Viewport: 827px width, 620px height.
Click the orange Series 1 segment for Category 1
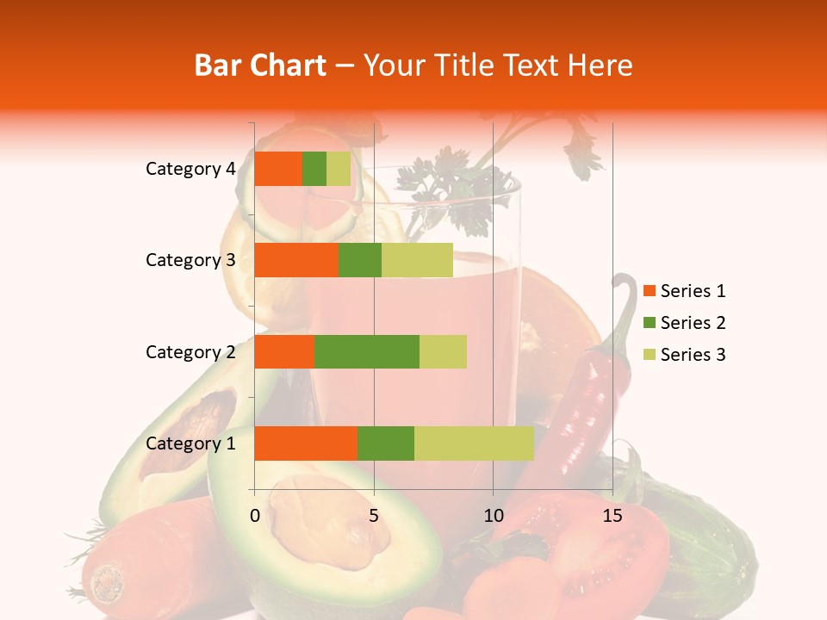(x=306, y=443)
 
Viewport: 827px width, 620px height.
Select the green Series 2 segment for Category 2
(x=367, y=351)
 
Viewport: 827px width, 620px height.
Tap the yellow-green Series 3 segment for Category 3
(x=417, y=260)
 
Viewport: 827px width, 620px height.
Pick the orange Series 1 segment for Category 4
(x=278, y=169)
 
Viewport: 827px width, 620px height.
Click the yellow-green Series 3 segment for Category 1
(x=474, y=443)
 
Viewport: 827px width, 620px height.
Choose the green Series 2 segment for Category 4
(x=314, y=169)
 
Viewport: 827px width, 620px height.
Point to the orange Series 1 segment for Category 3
(x=296, y=260)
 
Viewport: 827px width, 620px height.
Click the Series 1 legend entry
(x=684, y=291)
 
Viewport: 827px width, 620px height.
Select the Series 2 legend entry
(x=684, y=323)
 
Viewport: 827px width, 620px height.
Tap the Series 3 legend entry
(x=684, y=355)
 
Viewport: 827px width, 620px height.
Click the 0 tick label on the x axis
(x=255, y=516)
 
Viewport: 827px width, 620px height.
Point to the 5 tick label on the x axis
(x=374, y=516)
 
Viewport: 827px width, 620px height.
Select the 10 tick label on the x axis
(x=493, y=516)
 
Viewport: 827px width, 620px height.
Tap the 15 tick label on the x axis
(x=612, y=516)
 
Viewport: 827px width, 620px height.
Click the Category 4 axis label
(x=190, y=169)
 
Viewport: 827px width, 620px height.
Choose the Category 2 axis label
(x=190, y=351)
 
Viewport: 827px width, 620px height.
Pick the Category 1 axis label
(x=190, y=443)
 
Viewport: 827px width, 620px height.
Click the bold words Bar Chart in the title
(x=260, y=65)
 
